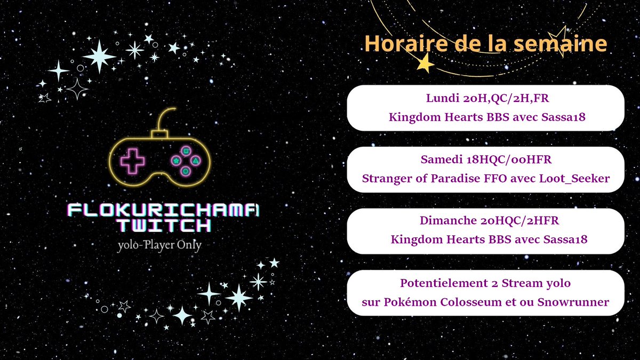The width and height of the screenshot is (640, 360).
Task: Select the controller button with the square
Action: click(x=185, y=150)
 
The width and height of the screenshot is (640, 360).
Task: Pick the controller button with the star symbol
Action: click(x=175, y=160)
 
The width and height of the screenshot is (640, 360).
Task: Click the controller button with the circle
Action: click(x=185, y=171)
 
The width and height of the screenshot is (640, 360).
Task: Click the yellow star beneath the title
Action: click(x=425, y=64)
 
